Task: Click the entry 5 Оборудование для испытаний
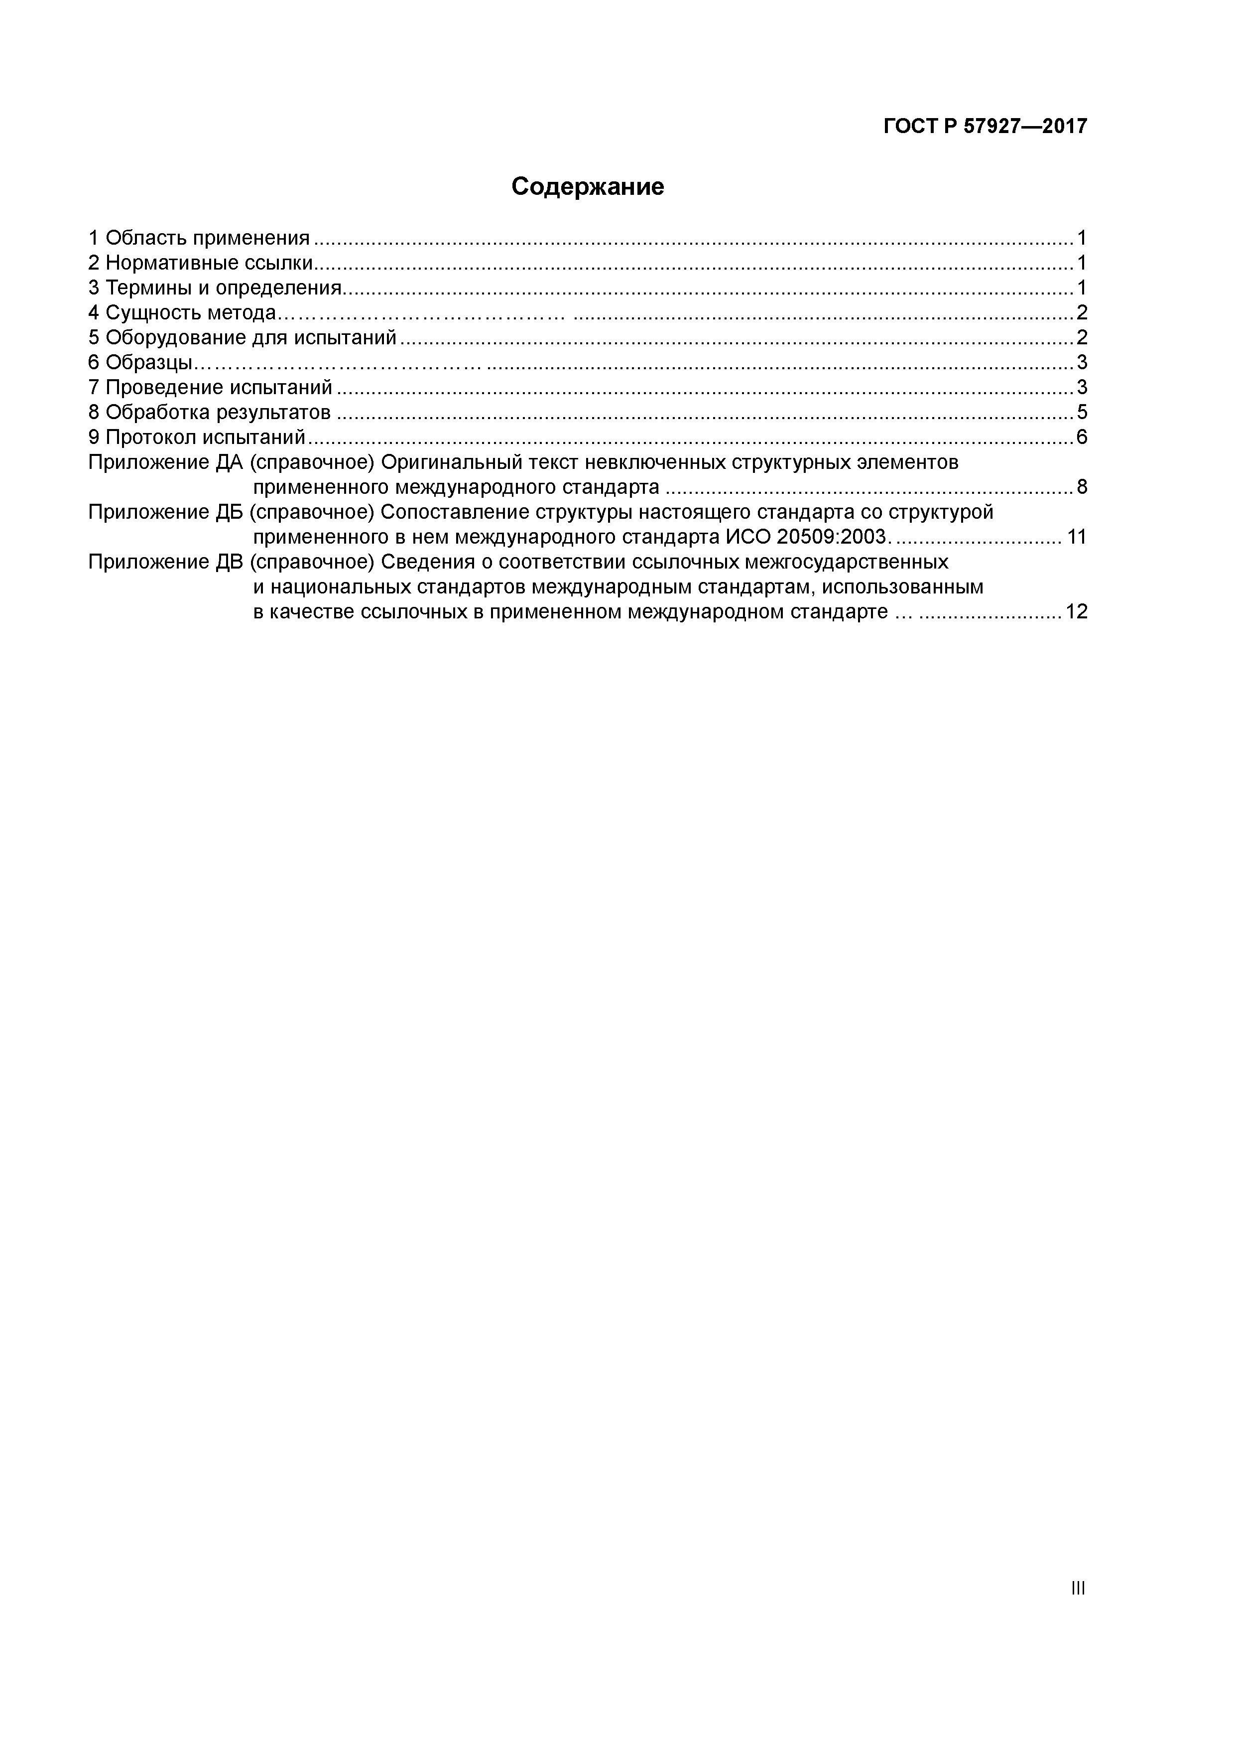tap(243, 338)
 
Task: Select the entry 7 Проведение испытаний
tap(211, 388)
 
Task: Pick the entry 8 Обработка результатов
tap(209, 413)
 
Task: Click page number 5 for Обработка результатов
tap(1081, 413)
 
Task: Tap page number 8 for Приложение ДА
tap(1081, 487)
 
